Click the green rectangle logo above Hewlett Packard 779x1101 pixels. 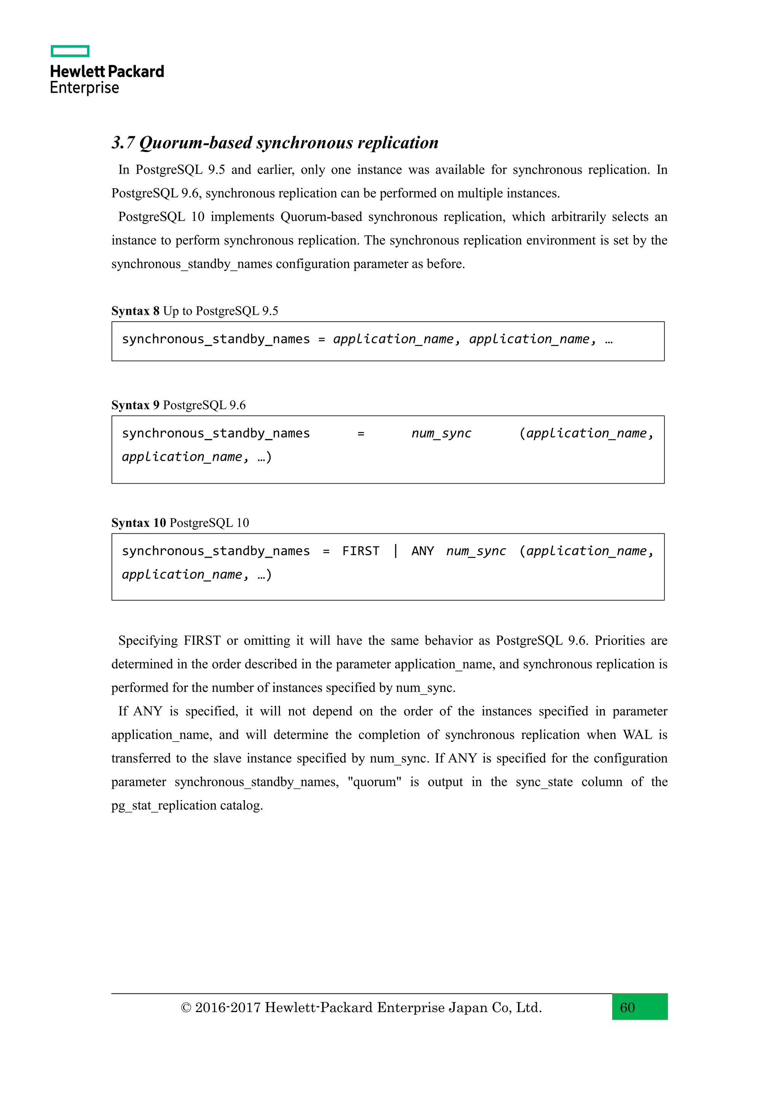[x=70, y=51]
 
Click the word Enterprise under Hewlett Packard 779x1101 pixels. [x=84, y=88]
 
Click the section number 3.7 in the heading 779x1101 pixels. [x=123, y=143]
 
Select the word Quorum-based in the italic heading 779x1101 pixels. [x=196, y=143]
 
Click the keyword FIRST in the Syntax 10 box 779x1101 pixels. [x=361, y=551]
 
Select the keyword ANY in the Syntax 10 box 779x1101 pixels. [x=423, y=551]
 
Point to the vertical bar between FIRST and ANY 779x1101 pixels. [x=396, y=550]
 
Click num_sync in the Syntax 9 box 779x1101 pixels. [x=441, y=433]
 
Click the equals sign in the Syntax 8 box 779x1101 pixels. [x=321, y=340]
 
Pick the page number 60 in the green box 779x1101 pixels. [x=627, y=1007]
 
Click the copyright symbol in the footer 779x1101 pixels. [x=186, y=1007]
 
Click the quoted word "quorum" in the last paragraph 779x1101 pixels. [x=374, y=782]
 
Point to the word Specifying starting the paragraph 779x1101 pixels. [x=148, y=641]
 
